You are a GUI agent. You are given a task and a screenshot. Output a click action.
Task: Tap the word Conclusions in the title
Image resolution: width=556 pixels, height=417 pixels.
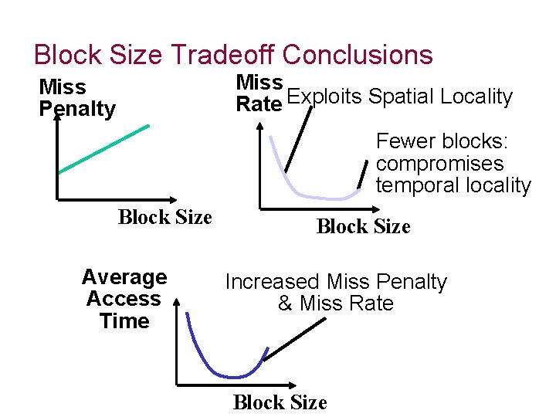point(358,56)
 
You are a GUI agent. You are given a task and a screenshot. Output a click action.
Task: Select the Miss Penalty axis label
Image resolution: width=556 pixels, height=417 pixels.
point(76,98)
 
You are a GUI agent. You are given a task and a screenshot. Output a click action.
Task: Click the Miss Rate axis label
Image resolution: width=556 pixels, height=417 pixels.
point(259,93)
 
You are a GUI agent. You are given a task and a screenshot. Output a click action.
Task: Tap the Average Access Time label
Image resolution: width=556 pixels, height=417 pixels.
point(124,299)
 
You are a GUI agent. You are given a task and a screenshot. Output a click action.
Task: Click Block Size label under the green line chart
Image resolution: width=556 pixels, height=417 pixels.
point(164,217)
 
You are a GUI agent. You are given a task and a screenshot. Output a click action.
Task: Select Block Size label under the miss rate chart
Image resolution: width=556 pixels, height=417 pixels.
point(363,226)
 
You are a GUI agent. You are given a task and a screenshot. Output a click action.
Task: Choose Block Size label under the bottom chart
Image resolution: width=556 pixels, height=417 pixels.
point(280,402)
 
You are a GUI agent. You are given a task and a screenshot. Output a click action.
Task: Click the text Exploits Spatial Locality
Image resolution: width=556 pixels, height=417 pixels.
point(399,97)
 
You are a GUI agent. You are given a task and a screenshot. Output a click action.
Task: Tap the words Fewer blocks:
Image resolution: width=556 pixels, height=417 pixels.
point(439,142)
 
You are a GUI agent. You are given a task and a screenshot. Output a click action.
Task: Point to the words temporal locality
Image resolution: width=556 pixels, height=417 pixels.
point(453,186)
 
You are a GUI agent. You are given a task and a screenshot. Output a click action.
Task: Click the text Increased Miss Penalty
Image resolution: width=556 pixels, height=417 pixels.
point(336,282)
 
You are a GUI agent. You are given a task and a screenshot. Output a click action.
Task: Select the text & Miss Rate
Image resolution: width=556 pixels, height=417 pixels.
point(336,303)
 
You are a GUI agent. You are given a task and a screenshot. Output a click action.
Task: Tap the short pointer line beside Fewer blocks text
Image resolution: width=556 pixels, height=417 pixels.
point(364,175)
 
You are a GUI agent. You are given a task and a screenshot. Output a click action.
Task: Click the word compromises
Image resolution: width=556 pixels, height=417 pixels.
point(439,164)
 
